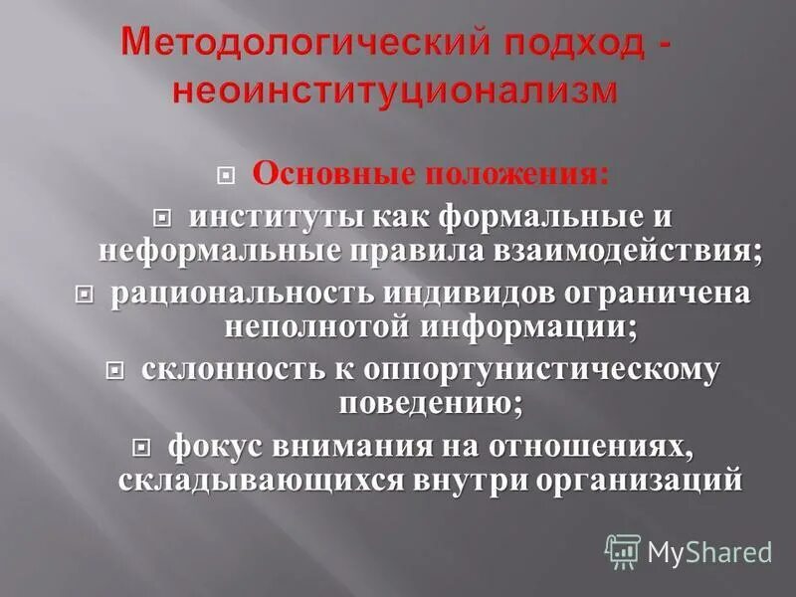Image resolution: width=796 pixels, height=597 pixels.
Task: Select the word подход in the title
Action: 511,44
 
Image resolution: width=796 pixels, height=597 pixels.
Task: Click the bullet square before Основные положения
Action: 226,176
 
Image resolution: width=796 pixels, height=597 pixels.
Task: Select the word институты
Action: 262,215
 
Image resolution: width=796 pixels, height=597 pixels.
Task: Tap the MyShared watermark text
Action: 709,552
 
